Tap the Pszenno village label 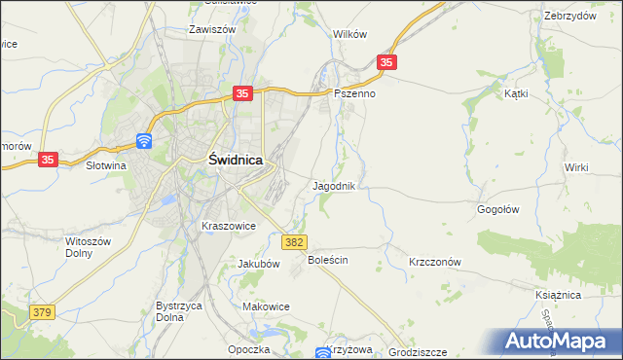(x=354, y=94)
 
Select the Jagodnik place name (x=339, y=185)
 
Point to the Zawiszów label (x=214, y=29)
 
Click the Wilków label (x=349, y=33)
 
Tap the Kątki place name (x=516, y=94)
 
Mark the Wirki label (x=576, y=167)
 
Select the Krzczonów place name (x=434, y=262)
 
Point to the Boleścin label (x=328, y=261)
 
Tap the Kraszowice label (x=228, y=226)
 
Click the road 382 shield (x=295, y=240)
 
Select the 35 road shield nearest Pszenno (x=387, y=62)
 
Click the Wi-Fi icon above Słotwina (x=143, y=141)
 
